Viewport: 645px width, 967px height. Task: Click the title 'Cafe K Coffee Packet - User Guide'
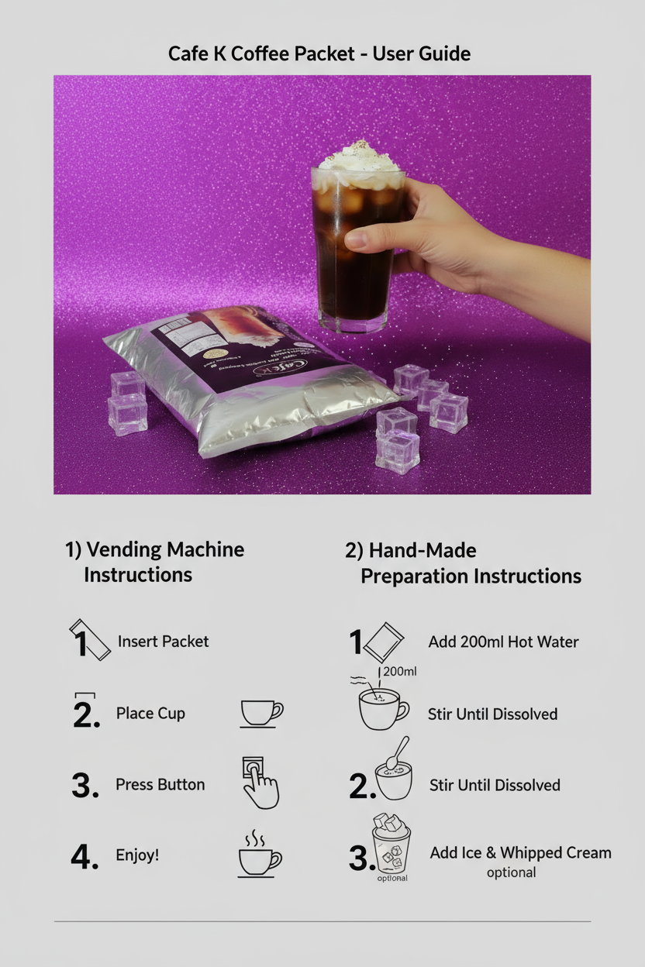click(x=319, y=53)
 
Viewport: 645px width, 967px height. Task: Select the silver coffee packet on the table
click(x=248, y=387)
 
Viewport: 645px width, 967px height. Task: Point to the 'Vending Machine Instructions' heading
click(x=154, y=562)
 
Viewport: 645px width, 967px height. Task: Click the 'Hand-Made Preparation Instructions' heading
click(x=463, y=563)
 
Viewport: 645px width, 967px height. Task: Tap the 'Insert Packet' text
click(x=163, y=642)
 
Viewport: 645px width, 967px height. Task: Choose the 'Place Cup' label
click(x=150, y=714)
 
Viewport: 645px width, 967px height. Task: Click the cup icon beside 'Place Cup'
click(x=261, y=714)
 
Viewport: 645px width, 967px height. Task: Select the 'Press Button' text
click(x=160, y=784)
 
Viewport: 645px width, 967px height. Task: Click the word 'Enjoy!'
click(x=137, y=855)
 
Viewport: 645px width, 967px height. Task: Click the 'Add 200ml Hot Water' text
click(x=503, y=642)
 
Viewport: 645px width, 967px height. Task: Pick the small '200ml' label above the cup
click(x=400, y=671)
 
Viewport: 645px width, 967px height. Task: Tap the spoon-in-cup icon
click(x=394, y=772)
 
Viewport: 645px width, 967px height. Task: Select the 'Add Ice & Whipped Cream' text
click(x=520, y=853)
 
